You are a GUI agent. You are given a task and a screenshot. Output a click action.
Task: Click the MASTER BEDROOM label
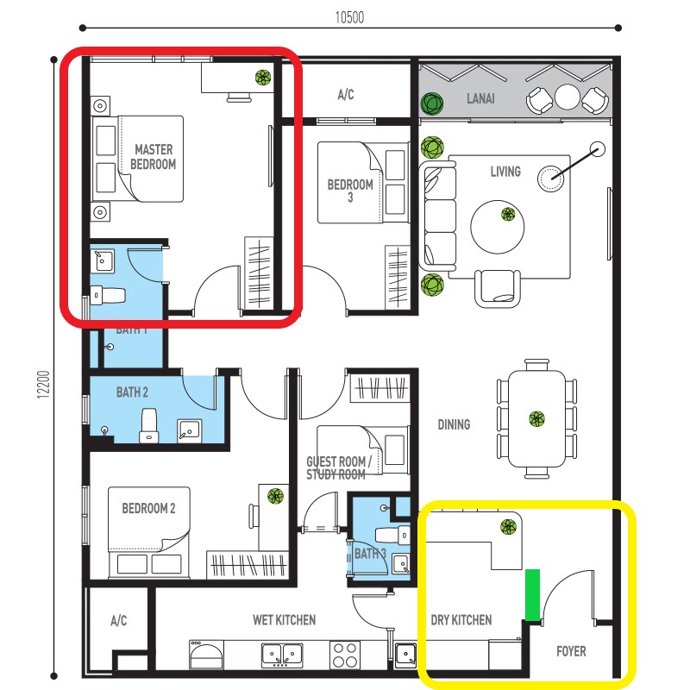[154, 157]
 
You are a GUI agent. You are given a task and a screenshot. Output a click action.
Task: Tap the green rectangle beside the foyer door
[533, 594]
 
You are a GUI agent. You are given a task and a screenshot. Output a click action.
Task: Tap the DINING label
[454, 424]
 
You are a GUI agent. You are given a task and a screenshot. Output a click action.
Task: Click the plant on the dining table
[537, 419]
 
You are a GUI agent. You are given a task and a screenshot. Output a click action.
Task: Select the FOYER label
[571, 651]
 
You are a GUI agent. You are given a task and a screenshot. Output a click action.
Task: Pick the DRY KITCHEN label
[461, 620]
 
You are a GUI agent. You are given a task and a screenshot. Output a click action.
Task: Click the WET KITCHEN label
[284, 620]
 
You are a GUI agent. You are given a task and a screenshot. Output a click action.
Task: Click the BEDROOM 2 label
[148, 509]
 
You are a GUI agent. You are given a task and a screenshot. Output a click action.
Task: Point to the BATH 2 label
[132, 392]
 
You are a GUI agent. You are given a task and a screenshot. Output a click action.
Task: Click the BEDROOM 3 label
[350, 191]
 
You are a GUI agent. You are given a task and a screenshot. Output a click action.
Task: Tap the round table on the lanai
[568, 96]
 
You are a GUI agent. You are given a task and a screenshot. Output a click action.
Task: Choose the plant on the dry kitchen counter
[508, 527]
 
